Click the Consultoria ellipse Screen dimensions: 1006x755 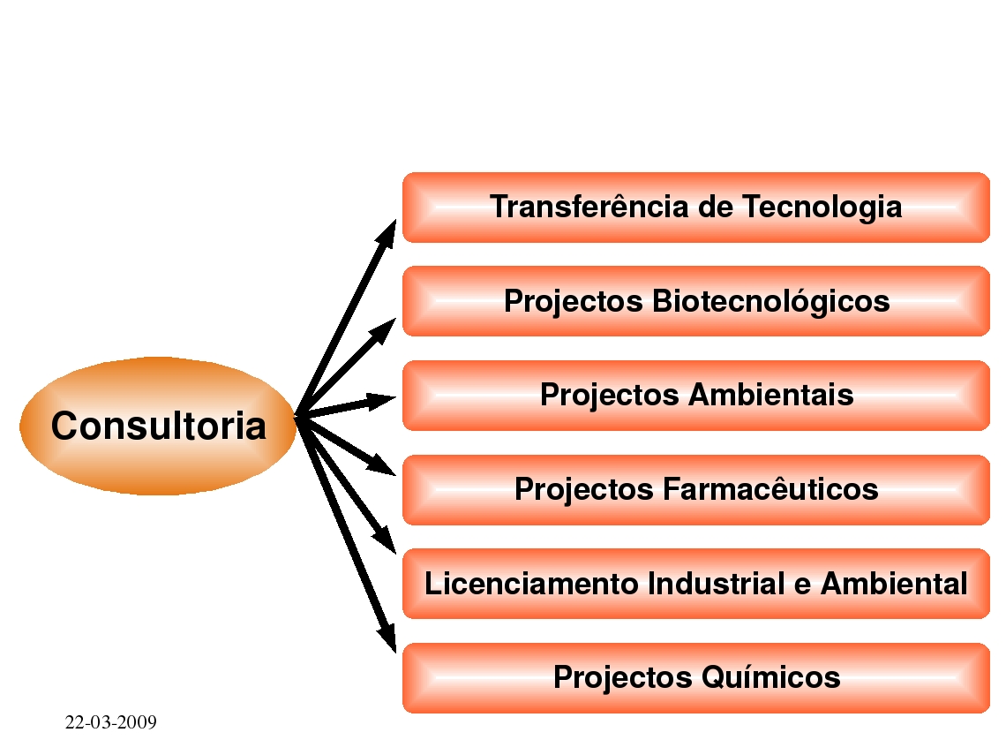coord(158,426)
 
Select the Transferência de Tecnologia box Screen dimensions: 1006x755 coord(696,208)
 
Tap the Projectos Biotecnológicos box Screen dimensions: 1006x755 coord(696,301)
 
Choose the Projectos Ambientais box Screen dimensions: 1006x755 coord(696,396)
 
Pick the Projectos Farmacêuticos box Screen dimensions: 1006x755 coord(696,490)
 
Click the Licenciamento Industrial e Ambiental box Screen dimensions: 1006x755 coord(696,584)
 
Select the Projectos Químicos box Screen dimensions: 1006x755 coord(696,678)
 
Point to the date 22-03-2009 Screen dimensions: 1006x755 coord(111,722)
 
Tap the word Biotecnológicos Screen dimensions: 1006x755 coord(771,302)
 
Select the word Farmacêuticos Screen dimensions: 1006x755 coord(770,489)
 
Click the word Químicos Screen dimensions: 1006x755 coord(770,677)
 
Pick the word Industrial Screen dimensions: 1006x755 coord(716,584)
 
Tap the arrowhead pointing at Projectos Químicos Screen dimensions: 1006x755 coord(387,638)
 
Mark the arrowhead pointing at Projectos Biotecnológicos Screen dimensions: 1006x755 coord(383,330)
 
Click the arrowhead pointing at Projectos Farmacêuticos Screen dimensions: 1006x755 coord(382,465)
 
